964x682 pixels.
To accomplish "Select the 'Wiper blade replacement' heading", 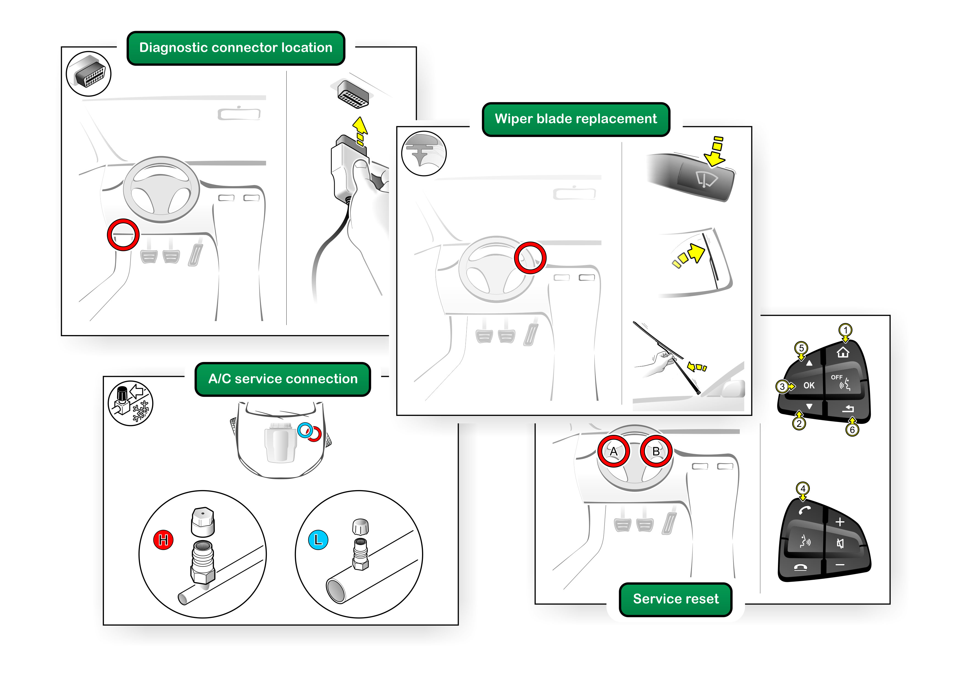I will tap(576, 119).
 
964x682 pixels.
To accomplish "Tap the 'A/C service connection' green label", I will tap(282, 379).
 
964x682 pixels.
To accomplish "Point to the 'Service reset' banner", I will tap(675, 599).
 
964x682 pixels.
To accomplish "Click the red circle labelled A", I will tap(613, 451).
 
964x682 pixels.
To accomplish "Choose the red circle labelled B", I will tap(656, 451).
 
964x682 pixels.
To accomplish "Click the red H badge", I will tap(163, 540).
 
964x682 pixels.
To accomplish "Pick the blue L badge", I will tap(318, 540).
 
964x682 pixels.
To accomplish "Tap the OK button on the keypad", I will tap(809, 385).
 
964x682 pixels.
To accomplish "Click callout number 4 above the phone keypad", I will tap(803, 488).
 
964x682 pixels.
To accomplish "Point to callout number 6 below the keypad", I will tap(852, 430).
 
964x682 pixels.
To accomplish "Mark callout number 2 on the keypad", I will tap(799, 424).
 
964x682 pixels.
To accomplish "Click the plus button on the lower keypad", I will tap(840, 522).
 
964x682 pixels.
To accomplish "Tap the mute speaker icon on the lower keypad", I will tap(840, 544).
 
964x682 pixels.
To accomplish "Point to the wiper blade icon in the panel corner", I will tap(424, 154).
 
